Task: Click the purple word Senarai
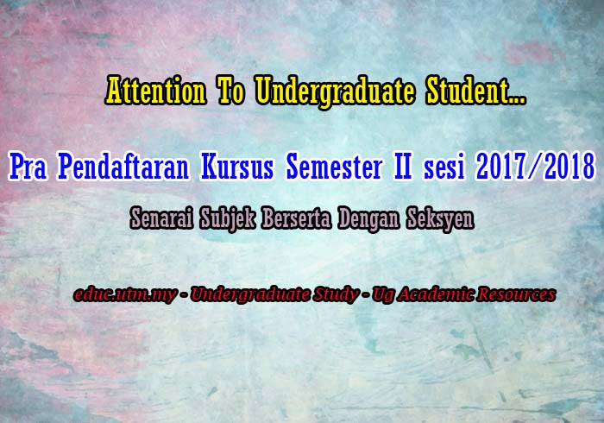(160, 219)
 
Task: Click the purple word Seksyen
(439, 219)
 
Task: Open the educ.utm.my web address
(126, 295)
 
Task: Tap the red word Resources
(517, 295)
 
